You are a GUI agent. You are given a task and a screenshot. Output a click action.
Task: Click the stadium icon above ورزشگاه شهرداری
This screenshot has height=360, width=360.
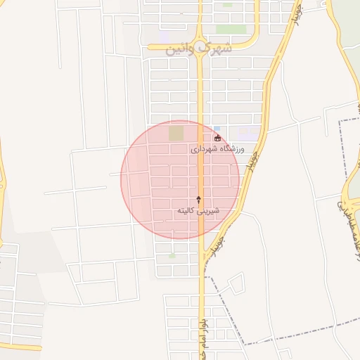tap(218, 138)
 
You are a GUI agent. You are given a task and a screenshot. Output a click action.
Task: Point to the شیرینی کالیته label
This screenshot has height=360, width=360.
tap(198, 210)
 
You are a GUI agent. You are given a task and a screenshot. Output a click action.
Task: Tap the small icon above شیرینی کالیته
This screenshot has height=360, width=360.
tap(198, 200)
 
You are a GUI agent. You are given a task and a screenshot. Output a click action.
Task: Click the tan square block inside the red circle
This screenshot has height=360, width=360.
tap(176, 133)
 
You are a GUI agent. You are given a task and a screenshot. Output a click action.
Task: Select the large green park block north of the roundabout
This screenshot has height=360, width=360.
tap(227, 30)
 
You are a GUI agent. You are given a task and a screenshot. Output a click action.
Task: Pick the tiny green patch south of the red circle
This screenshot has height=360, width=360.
tap(172, 256)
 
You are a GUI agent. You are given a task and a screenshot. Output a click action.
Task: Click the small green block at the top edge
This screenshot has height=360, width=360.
tap(227, 4)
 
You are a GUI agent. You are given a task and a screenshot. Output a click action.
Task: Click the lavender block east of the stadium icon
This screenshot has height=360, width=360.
tap(247, 132)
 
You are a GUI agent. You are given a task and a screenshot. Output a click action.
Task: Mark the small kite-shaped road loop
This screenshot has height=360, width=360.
tap(236, 284)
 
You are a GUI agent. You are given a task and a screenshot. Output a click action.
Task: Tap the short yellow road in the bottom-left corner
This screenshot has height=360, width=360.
tap(21, 347)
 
